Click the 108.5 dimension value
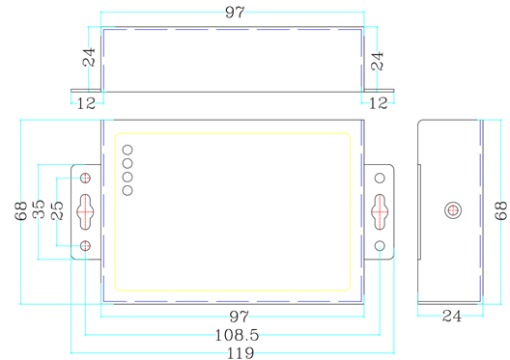click(x=233, y=336)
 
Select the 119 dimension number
click(x=234, y=353)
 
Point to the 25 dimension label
click(x=58, y=211)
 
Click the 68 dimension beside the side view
click(x=499, y=210)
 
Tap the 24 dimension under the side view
click(x=451, y=316)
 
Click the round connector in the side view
click(x=451, y=210)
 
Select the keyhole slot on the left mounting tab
click(x=87, y=207)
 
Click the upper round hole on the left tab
click(x=87, y=179)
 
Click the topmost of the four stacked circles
click(x=127, y=151)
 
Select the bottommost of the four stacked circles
click(x=127, y=189)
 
